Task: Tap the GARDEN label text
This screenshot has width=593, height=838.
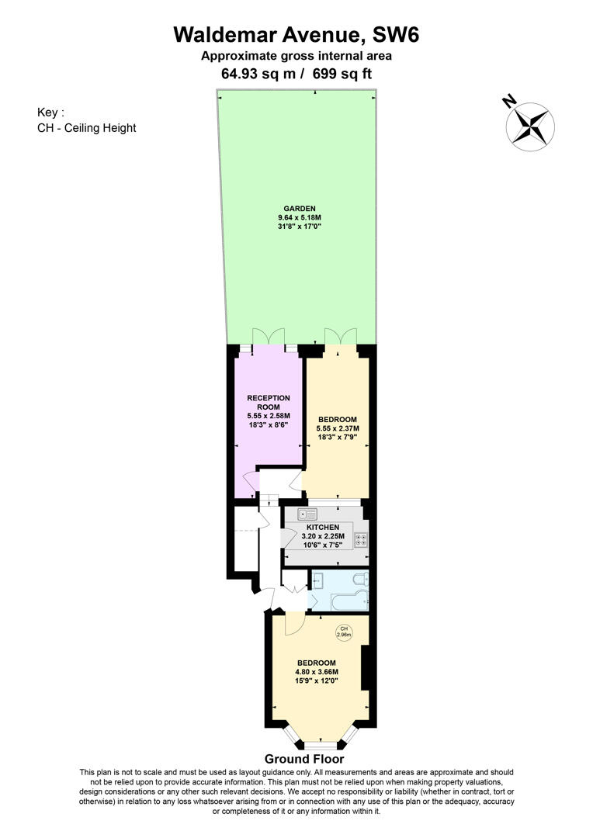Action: (x=299, y=209)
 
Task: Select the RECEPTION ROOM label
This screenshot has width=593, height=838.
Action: (x=268, y=402)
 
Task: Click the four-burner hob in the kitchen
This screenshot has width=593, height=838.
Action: (x=360, y=540)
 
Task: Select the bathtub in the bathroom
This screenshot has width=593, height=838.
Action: (x=339, y=600)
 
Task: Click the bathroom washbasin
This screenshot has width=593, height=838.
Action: (x=317, y=579)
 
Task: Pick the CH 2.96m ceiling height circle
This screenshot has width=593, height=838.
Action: (x=343, y=632)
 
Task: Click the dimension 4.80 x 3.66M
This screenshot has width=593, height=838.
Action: (x=316, y=672)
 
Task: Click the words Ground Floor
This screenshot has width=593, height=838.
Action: (x=304, y=759)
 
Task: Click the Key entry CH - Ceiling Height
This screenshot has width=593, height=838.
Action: (x=86, y=127)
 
